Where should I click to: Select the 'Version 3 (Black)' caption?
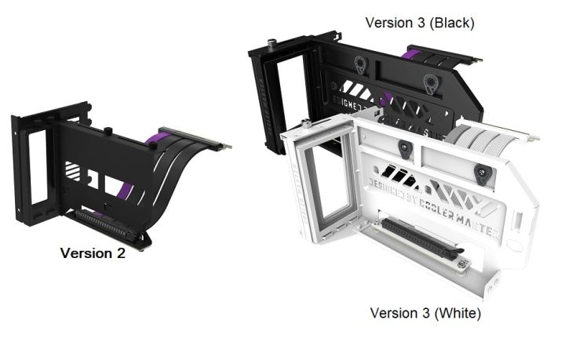(420, 23)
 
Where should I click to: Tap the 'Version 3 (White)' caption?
(425, 313)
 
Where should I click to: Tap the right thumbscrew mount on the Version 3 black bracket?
(430, 80)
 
